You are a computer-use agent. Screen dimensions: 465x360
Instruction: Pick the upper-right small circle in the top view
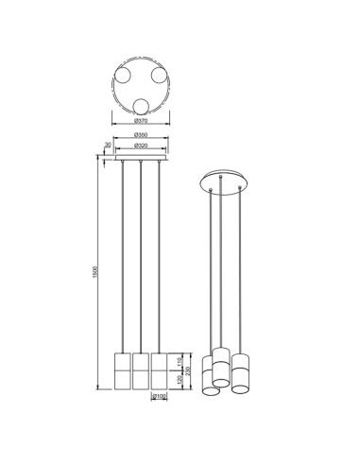(x=158, y=75)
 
